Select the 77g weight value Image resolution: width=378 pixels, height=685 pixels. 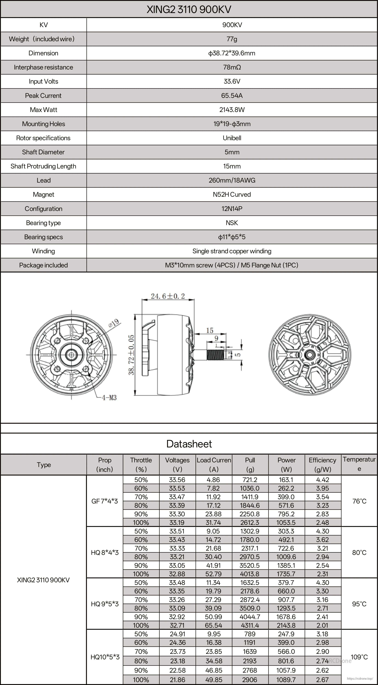point(232,39)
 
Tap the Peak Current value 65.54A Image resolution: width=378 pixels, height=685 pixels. point(232,96)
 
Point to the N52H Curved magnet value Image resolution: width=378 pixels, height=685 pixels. point(232,194)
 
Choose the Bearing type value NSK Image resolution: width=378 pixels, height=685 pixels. point(232,223)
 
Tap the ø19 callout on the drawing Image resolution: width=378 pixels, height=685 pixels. point(114,323)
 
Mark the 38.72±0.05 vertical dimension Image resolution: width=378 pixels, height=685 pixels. point(131,355)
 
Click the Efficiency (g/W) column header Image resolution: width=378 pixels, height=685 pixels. point(322,465)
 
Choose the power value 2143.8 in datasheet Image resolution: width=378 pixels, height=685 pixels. point(286,625)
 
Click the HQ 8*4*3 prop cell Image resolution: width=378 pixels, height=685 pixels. point(105,553)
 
